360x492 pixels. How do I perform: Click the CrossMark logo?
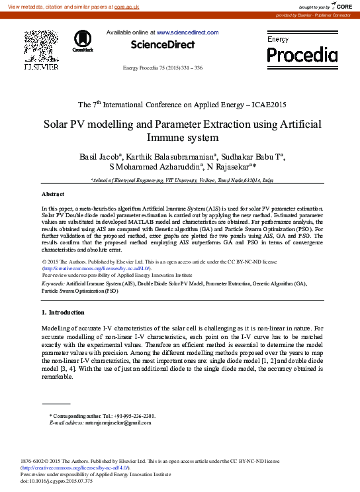click(83, 40)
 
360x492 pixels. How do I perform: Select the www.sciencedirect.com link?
click(187, 32)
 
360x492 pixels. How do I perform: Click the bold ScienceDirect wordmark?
click(163, 45)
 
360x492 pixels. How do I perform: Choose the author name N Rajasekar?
click(238, 167)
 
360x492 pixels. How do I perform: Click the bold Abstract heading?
click(53, 194)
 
